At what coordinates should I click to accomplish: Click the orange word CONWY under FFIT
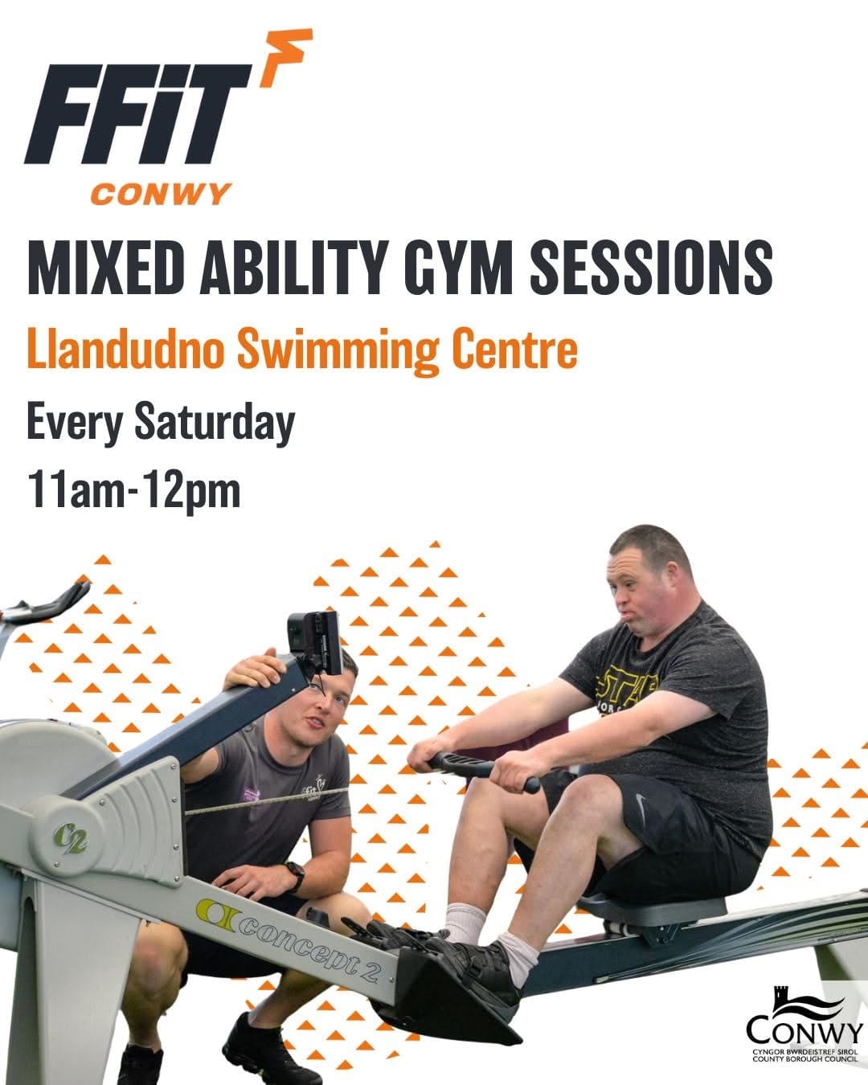161,194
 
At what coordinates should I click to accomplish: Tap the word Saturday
215,423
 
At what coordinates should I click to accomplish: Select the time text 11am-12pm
134,490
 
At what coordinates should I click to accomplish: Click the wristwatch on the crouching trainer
294,877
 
